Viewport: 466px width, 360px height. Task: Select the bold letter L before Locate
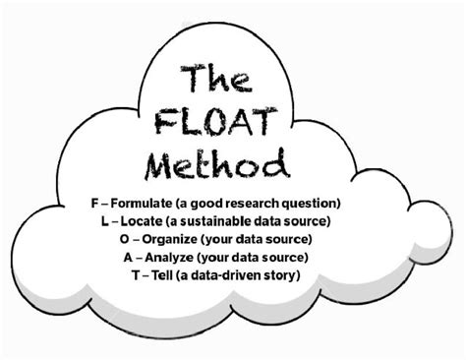click(x=105, y=220)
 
